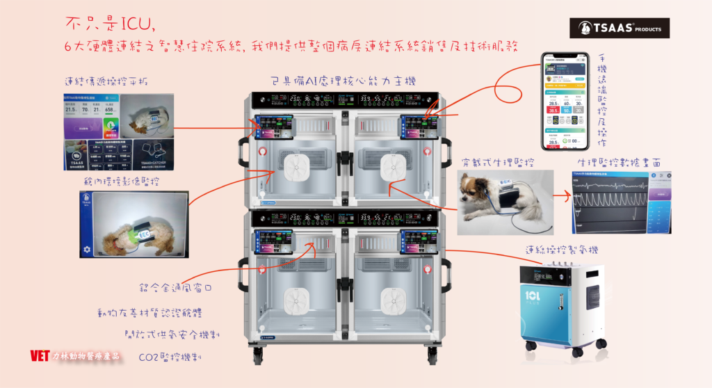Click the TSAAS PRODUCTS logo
(x=619, y=29)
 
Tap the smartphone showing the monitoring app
(x=565, y=101)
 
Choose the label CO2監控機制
(x=170, y=357)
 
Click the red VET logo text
(x=40, y=355)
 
